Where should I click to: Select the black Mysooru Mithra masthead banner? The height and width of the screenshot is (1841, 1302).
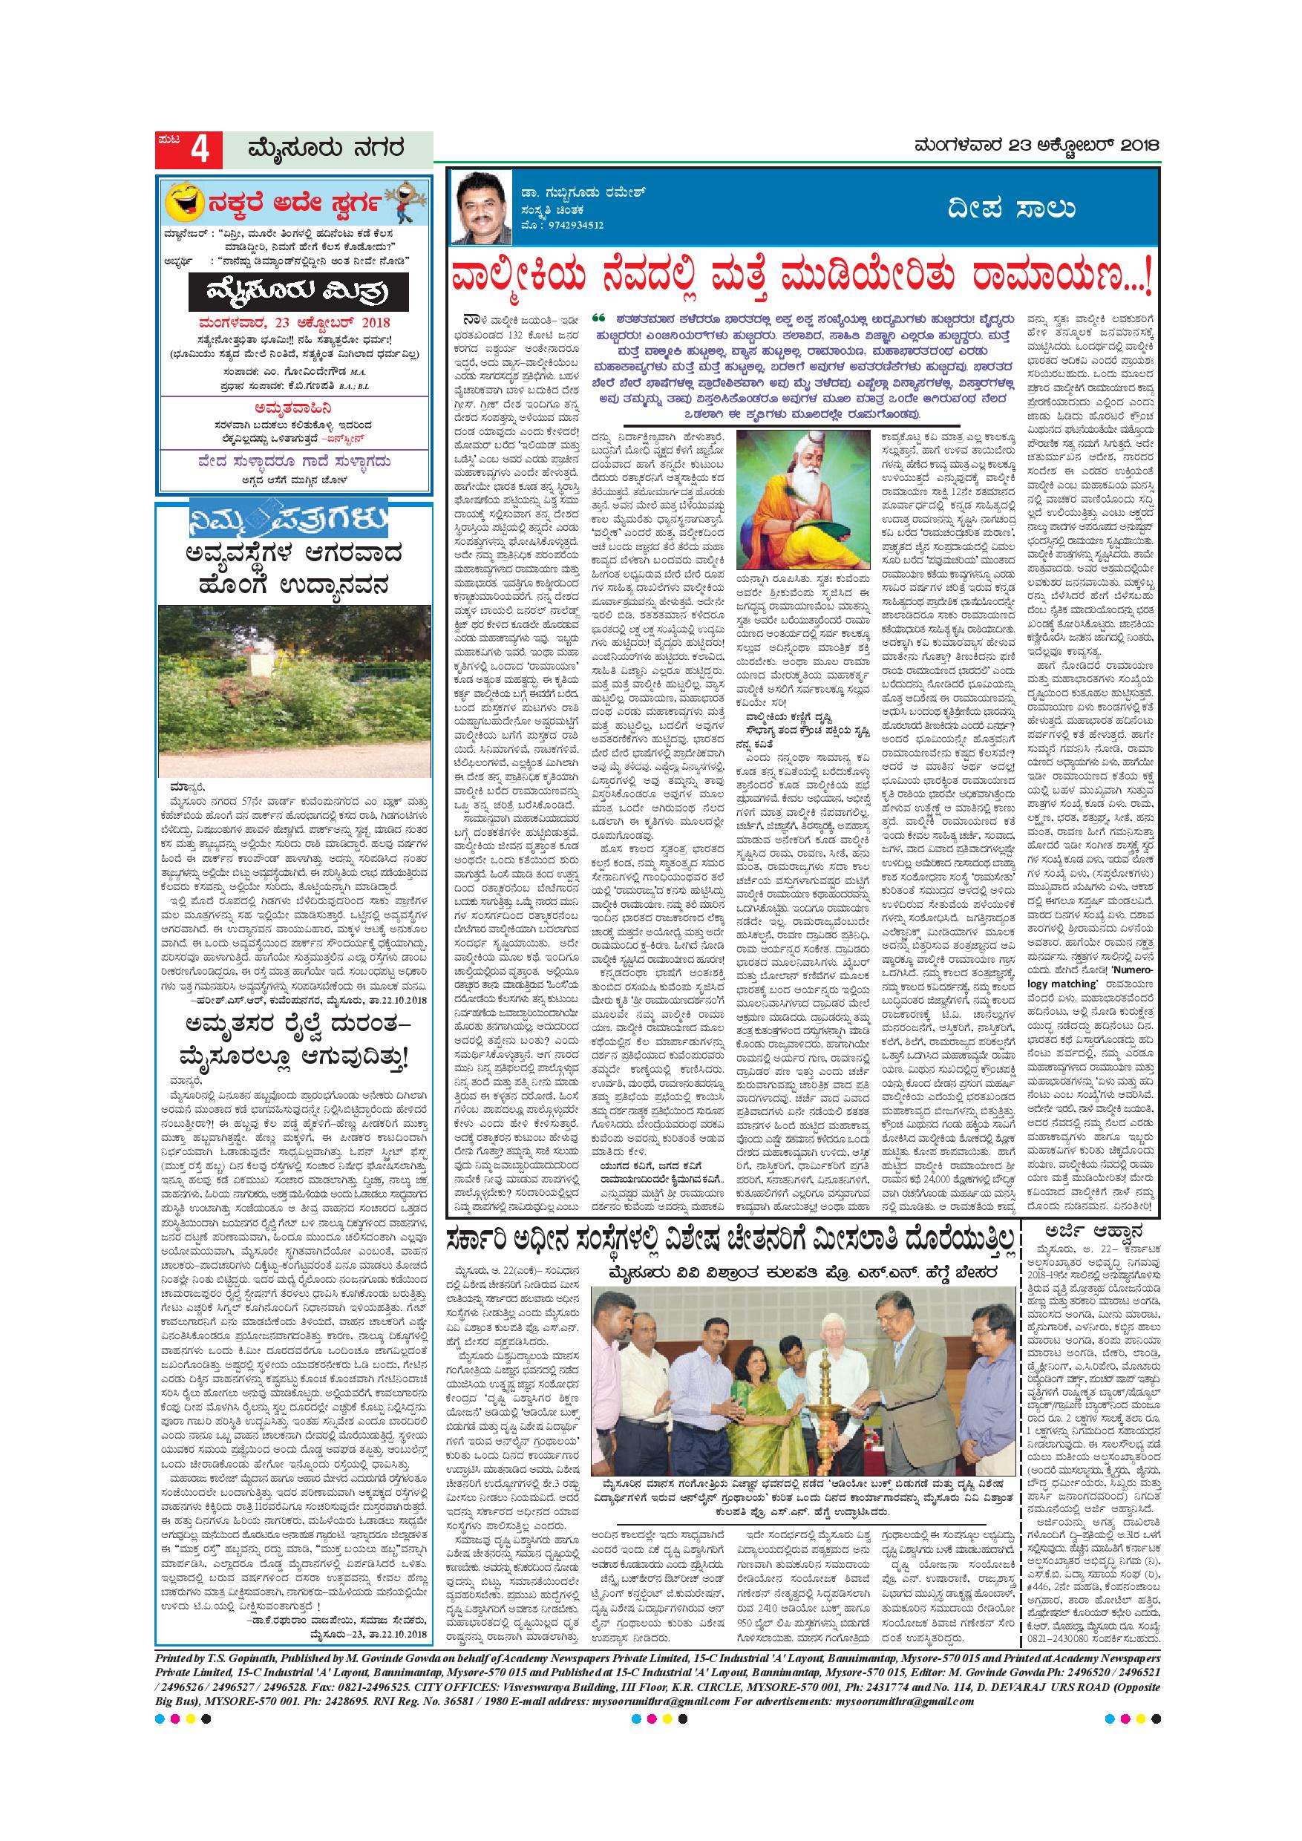click(298, 292)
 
